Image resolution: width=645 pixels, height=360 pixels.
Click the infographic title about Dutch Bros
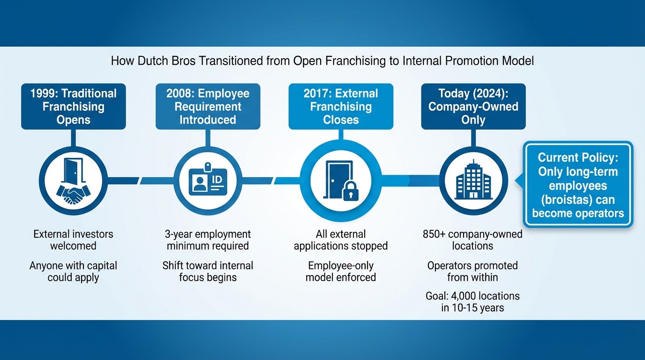click(322, 61)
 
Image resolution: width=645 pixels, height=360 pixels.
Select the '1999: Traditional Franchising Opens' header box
click(74, 106)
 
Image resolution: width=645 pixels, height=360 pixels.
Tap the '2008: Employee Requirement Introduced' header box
click(208, 106)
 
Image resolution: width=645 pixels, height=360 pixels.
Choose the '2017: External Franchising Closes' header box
click(341, 106)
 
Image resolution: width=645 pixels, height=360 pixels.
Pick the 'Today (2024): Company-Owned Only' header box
click(473, 106)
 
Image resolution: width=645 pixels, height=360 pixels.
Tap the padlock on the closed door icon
click(349, 193)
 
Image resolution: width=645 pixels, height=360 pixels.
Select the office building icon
click(472, 180)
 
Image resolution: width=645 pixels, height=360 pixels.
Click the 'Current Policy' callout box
click(577, 185)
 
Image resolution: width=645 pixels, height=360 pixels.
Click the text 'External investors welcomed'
click(74, 240)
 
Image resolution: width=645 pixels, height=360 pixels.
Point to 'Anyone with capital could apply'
click(74, 271)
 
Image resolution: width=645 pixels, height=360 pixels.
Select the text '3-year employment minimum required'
click(208, 240)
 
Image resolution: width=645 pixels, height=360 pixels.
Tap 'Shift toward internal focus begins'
click(208, 271)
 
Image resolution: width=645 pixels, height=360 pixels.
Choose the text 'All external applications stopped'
click(341, 240)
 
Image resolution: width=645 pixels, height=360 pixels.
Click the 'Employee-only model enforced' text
click(341, 271)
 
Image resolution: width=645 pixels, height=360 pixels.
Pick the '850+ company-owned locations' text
click(472, 240)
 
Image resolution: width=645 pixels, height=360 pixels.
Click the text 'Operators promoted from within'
click(472, 271)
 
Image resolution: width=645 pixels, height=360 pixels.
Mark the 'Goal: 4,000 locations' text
click(472, 296)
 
